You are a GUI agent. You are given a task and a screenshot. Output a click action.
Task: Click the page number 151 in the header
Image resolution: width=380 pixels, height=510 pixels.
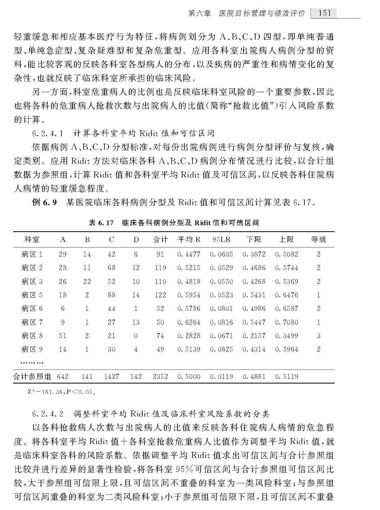[324, 13]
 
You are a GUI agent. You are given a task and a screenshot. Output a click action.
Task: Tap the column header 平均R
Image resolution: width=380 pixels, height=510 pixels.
[189, 239]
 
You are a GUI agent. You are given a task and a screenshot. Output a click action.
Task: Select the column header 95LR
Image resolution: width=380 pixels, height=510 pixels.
[221, 239]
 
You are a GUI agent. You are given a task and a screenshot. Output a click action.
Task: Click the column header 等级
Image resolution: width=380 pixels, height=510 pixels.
[319, 239]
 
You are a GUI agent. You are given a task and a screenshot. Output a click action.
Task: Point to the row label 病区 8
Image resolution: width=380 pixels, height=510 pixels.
[32, 336]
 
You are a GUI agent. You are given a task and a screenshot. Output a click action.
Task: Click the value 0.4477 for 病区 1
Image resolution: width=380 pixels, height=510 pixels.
[189, 254]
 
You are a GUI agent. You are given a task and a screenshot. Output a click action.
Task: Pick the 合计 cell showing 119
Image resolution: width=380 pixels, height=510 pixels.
[160, 268]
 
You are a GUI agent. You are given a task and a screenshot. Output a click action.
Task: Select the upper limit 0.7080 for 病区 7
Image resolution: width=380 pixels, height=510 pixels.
[287, 322]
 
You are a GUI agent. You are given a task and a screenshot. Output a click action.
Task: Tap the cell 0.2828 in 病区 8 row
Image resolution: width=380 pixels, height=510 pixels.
[189, 336]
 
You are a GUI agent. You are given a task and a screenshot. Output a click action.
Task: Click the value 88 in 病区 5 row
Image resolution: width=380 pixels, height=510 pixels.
[111, 295]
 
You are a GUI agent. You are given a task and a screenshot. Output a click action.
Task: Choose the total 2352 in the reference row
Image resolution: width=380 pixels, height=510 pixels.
[160, 376]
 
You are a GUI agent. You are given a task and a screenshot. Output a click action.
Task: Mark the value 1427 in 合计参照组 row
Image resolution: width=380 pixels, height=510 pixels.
[111, 376]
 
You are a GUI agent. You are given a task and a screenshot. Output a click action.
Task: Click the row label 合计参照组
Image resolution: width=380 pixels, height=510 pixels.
[32, 376]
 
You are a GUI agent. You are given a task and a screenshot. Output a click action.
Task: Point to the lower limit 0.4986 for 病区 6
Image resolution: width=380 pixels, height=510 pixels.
[254, 308]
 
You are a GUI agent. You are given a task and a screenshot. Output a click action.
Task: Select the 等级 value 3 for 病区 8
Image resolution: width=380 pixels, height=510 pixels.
[319, 336]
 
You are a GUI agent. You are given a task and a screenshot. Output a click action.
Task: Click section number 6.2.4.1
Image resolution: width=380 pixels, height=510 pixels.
[48, 133]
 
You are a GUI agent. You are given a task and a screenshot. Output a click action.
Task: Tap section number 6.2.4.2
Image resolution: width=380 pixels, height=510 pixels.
[48, 414]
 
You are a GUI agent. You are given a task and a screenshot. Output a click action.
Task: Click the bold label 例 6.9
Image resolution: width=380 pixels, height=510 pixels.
[44, 202]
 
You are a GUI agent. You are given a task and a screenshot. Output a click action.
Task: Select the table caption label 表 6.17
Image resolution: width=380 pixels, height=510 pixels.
[101, 223]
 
